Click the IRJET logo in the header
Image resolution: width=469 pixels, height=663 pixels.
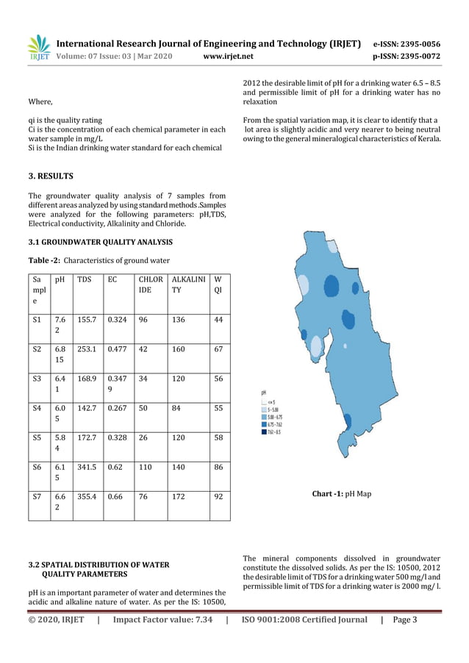[x=37, y=48]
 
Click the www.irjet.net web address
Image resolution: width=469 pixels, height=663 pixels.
[x=227, y=56]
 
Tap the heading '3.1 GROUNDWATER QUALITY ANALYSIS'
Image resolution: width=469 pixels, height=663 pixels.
[x=100, y=242]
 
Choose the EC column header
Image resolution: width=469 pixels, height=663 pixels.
[x=112, y=279]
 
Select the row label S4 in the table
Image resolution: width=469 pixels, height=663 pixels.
[x=37, y=406]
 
